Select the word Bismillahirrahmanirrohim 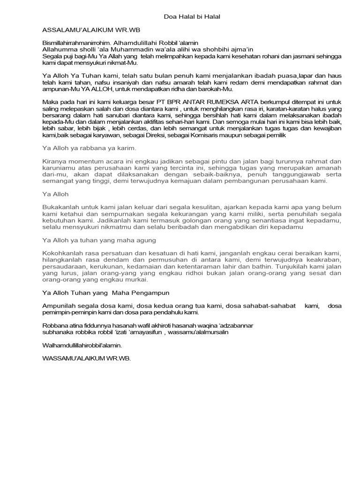[x=77, y=43]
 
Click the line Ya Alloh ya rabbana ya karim [x=89, y=148]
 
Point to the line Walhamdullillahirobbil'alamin [x=82, y=345]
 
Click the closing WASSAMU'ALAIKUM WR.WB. [x=87, y=358]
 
